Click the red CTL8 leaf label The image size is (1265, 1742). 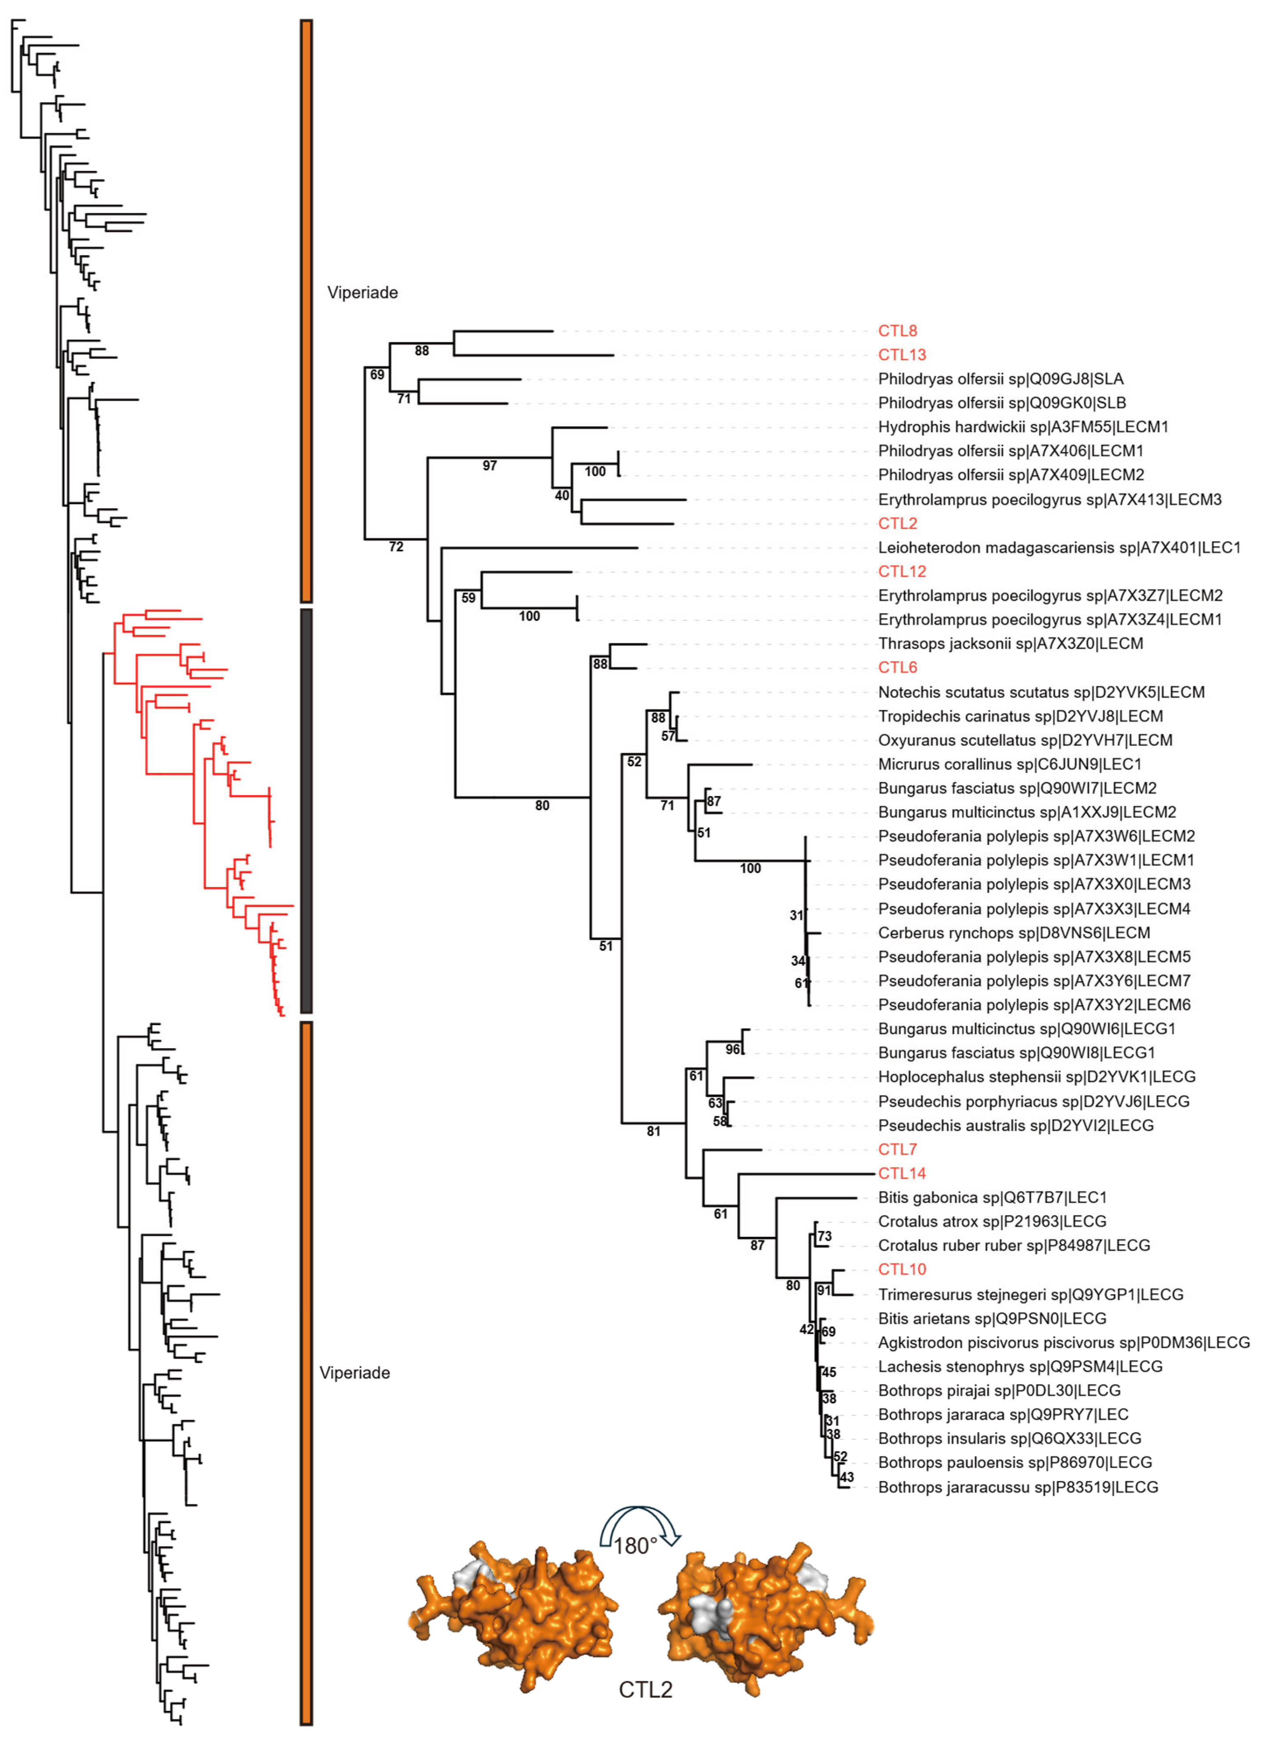coord(897,331)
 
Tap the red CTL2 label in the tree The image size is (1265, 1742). coord(897,523)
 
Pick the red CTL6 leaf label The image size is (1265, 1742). coord(897,667)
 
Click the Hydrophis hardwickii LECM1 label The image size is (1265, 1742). coord(1023,427)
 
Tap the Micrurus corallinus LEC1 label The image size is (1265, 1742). coord(1009,764)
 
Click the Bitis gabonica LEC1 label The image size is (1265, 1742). coord(992,1198)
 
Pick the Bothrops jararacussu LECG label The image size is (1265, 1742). coord(1018,1487)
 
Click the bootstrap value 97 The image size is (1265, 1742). coord(489,465)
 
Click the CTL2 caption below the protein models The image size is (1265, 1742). coord(645,1690)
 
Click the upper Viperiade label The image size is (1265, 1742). coord(362,293)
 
